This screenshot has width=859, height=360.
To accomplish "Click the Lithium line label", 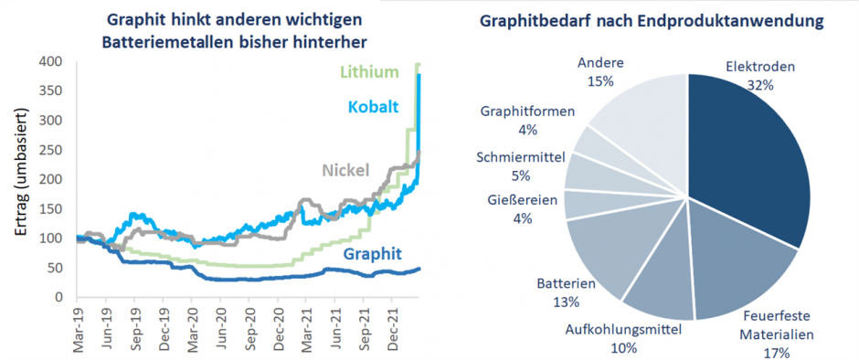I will (x=370, y=72).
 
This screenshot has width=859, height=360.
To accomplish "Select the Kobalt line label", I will (x=373, y=108).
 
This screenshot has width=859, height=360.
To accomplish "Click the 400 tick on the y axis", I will (x=51, y=62).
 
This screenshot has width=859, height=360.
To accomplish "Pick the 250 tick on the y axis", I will (x=51, y=151).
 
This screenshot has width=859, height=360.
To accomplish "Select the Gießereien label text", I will (x=522, y=201).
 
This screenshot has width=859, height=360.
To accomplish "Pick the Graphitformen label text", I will (x=527, y=112).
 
